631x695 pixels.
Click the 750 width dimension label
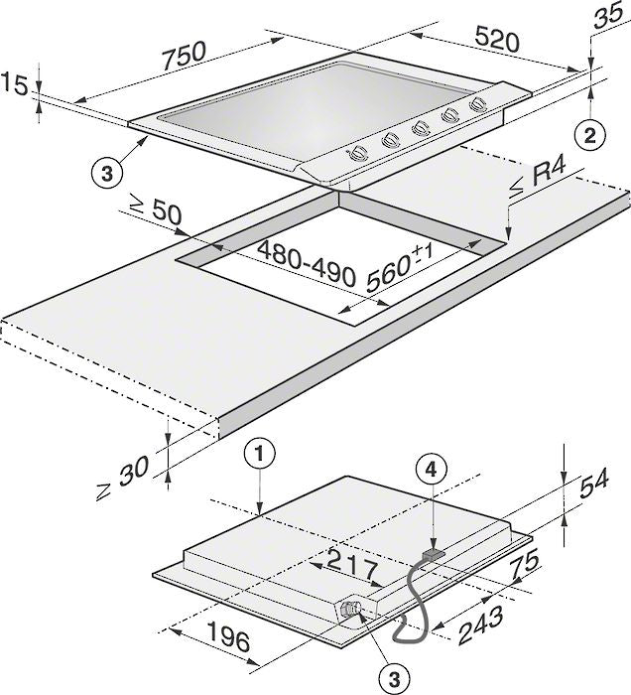click(x=185, y=57)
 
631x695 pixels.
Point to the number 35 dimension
click(x=609, y=16)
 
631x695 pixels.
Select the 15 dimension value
click(x=14, y=84)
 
